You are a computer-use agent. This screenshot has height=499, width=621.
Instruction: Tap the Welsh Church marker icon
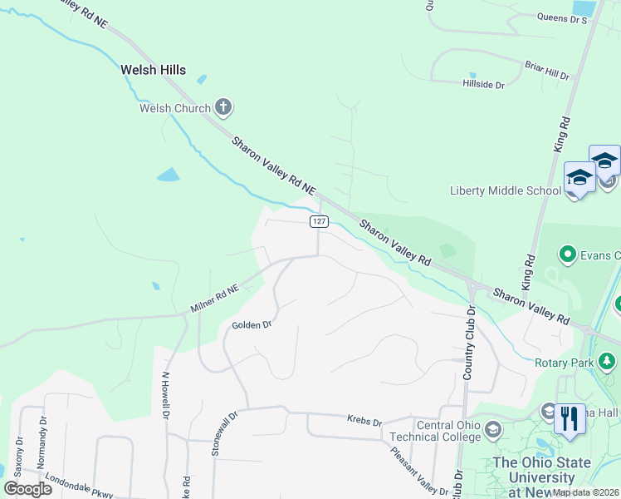click(x=222, y=106)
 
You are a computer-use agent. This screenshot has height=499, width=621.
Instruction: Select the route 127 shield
click(x=320, y=221)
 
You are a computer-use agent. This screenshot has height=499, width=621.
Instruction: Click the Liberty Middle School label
click(x=505, y=190)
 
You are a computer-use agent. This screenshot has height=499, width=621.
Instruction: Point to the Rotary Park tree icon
click(x=609, y=362)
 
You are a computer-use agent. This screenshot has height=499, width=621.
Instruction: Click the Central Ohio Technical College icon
click(x=493, y=430)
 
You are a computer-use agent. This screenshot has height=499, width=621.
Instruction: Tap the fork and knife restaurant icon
click(x=570, y=418)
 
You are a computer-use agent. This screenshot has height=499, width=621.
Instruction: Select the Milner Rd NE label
click(x=215, y=299)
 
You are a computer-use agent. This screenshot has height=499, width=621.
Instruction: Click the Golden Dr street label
click(x=252, y=324)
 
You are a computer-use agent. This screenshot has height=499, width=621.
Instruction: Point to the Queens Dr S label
click(x=562, y=17)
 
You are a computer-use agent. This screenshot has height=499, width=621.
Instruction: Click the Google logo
click(x=27, y=488)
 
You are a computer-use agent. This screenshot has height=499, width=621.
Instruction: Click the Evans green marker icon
click(x=568, y=253)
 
